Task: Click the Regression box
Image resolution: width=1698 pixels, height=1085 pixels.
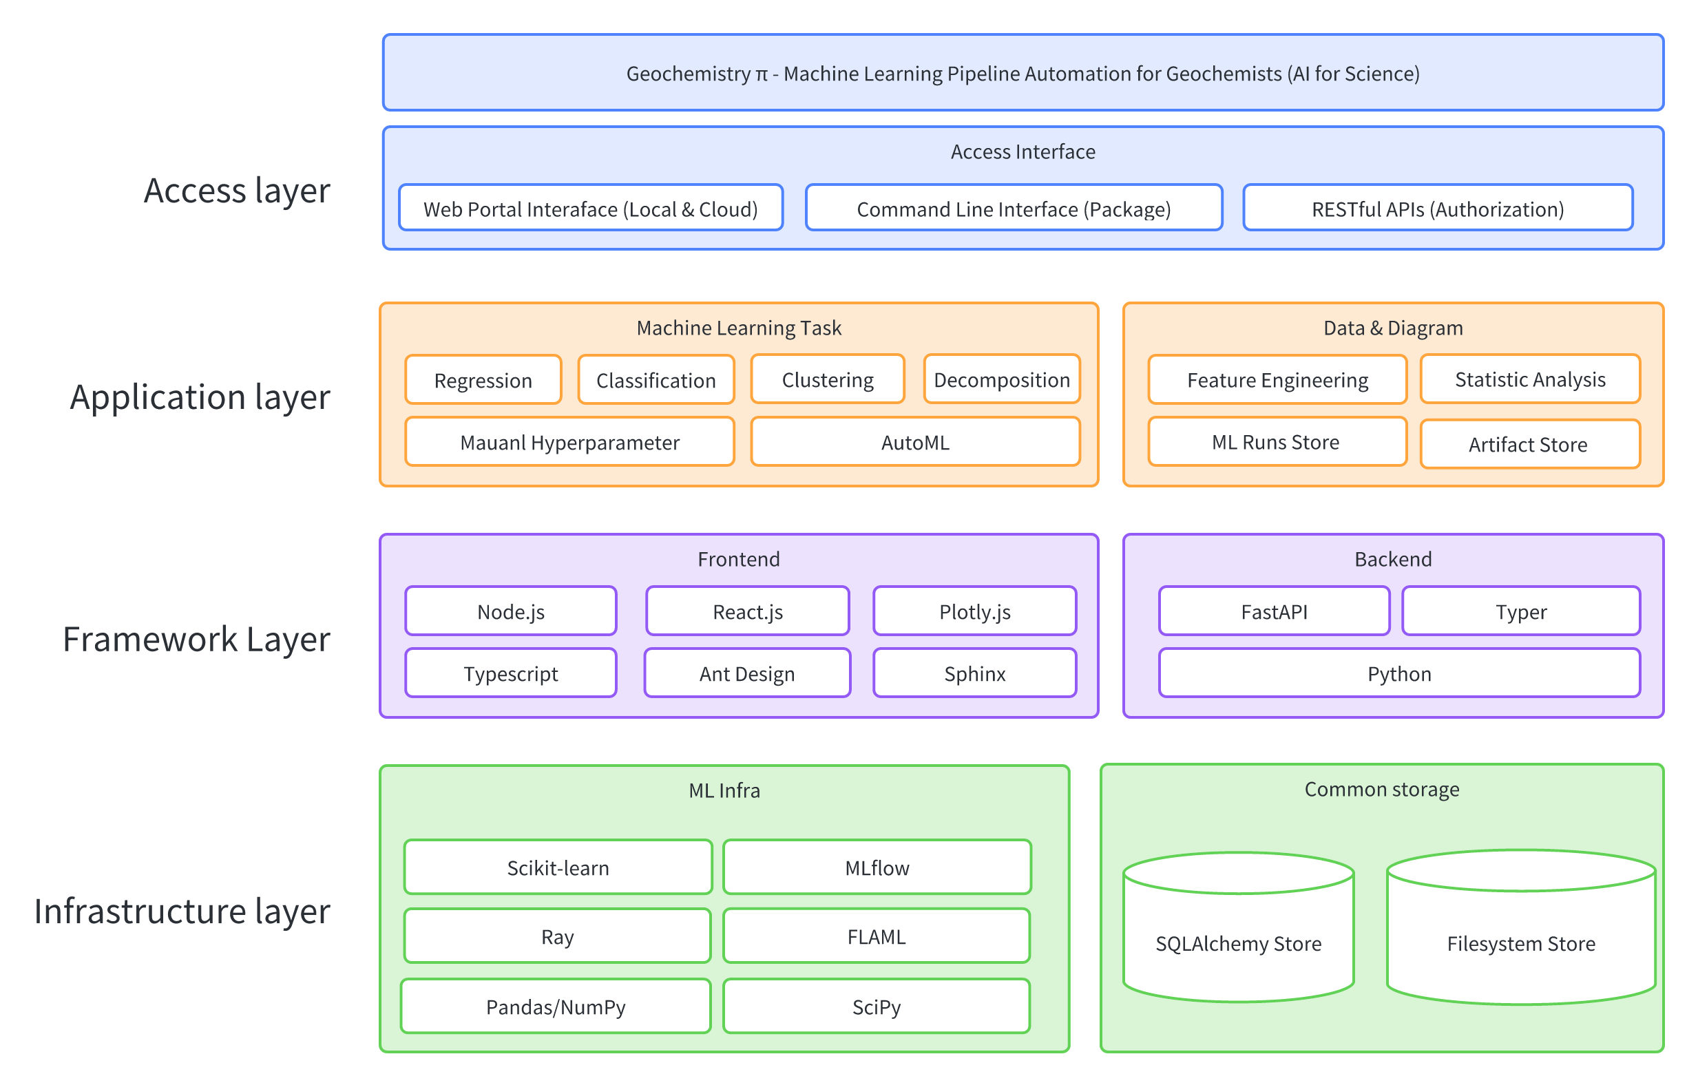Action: (x=483, y=381)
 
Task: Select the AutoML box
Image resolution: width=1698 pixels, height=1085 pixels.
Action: (x=915, y=443)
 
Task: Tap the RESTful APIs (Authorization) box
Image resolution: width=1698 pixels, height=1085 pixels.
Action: (x=1437, y=209)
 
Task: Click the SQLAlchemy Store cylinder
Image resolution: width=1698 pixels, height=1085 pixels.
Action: (x=1238, y=943)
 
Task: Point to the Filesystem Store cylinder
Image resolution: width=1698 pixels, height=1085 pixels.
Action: (x=1520, y=943)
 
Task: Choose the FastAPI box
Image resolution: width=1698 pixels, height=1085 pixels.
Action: (x=1274, y=612)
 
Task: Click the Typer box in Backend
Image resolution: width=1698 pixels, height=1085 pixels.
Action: (x=1520, y=612)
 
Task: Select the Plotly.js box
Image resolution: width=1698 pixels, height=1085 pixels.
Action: (x=974, y=612)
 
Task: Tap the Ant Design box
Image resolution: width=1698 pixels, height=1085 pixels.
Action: (x=747, y=674)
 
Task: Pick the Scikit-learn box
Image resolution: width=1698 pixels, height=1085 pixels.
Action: (x=558, y=868)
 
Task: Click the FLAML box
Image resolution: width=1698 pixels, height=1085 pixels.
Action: (x=876, y=937)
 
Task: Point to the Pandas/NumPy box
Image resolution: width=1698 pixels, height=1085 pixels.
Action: (x=556, y=1007)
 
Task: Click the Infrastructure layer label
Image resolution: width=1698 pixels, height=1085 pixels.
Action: (x=182, y=911)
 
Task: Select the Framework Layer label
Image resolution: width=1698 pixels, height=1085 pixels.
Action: (x=196, y=639)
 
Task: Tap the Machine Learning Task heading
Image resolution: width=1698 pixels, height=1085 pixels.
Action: (x=738, y=328)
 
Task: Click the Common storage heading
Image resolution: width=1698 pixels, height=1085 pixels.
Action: (x=1381, y=789)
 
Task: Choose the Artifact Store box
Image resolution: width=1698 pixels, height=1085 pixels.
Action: (x=1527, y=445)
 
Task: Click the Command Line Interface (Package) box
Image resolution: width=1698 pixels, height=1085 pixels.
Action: (x=1014, y=209)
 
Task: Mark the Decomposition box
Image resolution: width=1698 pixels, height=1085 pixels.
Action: (x=1001, y=381)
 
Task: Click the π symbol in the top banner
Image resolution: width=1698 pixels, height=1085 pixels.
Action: (x=762, y=75)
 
